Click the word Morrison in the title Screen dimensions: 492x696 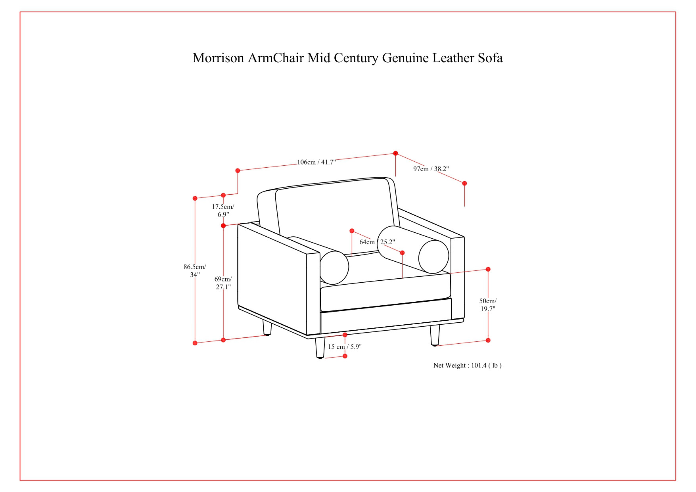[x=218, y=58]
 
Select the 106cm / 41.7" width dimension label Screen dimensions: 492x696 [x=316, y=162]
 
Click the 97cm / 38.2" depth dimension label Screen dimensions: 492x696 [x=431, y=169]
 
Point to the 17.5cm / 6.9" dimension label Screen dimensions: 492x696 [x=223, y=211]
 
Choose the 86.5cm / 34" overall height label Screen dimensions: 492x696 [x=195, y=271]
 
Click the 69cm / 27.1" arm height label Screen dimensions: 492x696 [x=223, y=283]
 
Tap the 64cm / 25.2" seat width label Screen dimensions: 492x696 [x=377, y=242]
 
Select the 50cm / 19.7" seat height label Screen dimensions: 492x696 [x=488, y=305]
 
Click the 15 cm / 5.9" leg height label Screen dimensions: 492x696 [x=345, y=347]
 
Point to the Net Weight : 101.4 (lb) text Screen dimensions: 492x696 [x=467, y=366]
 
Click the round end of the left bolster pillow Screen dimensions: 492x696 [x=334, y=268]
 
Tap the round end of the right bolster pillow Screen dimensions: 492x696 [x=433, y=257]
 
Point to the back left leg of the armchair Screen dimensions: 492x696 [x=267, y=328]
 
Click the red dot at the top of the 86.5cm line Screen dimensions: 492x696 [x=195, y=198]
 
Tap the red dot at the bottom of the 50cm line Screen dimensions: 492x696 [x=488, y=340]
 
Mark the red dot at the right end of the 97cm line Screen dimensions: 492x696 [x=464, y=183]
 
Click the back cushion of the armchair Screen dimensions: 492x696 [x=335, y=210]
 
